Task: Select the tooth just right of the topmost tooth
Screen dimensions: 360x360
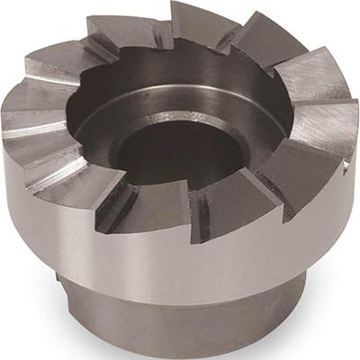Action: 261,40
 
